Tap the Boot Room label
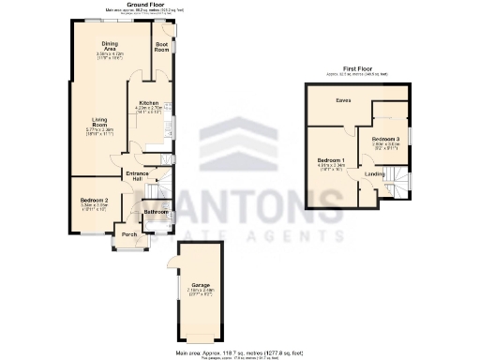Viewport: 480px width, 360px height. coord(161,46)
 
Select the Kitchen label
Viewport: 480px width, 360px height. coord(148,102)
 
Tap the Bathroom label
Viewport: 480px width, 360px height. coord(156,212)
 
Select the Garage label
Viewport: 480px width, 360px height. coord(201,284)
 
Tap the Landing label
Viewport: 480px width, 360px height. coord(373,173)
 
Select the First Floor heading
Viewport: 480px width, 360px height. coord(356,68)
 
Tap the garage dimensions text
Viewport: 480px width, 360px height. coord(201,293)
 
